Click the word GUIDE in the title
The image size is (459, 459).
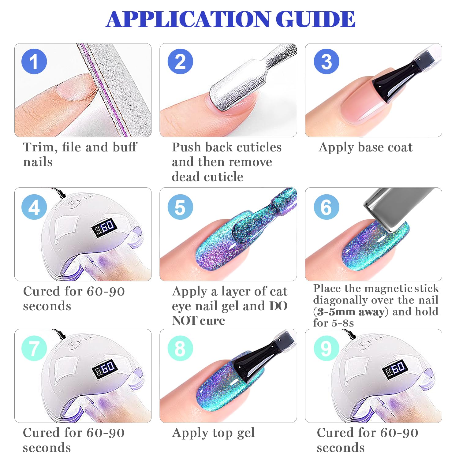316,19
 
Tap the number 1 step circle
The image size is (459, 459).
34,62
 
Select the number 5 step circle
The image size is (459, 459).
180,207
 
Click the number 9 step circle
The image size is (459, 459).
327,348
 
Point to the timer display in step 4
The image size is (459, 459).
105,228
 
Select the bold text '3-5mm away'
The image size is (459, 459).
351,312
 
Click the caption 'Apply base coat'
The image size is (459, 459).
366,147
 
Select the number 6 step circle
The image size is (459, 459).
327,207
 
